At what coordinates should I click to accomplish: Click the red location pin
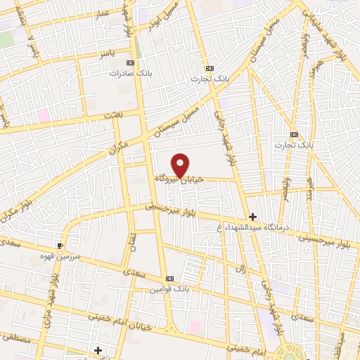pyautogui.click(x=181, y=165)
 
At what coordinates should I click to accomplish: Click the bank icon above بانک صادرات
pyautogui.click(x=131, y=61)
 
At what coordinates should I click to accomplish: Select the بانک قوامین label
pyautogui.click(x=172, y=288)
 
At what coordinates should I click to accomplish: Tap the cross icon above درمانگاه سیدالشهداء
pyautogui.click(x=252, y=216)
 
